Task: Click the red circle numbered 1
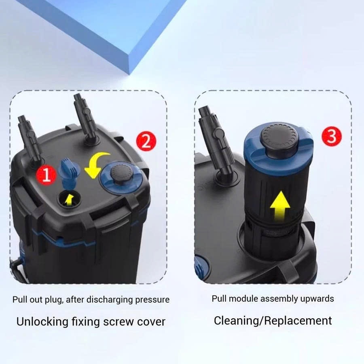[x=46, y=175]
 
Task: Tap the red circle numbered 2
[x=146, y=141]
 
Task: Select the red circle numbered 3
[x=332, y=136]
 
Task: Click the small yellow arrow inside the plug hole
[x=69, y=200]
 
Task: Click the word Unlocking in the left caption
[x=42, y=322]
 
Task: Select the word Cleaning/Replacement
[x=273, y=321]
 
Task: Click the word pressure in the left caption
[x=152, y=299]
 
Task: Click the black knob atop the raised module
[x=279, y=139]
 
